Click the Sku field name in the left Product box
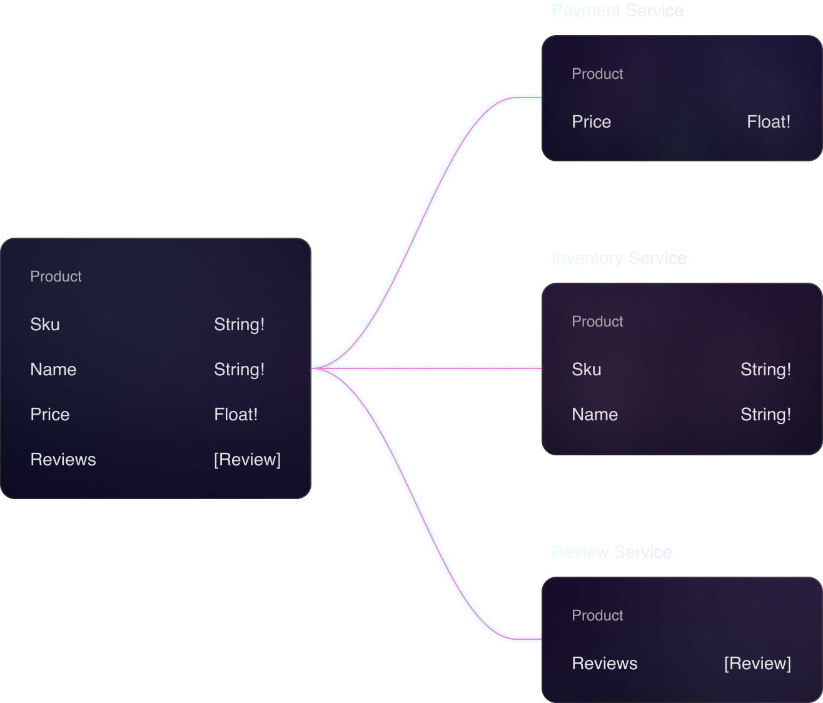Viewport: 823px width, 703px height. pyautogui.click(x=45, y=325)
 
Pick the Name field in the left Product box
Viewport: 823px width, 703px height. pyautogui.click(x=53, y=370)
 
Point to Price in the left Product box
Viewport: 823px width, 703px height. pyautogui.click(x=50, y=415)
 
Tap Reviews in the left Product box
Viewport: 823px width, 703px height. pyautogui.click(x=63, y=460)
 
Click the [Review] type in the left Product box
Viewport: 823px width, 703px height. pyautogui.click(x=247, y=460)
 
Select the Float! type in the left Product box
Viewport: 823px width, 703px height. pyautogui.click(x=236, y=415)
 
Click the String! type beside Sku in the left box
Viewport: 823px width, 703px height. pyautogui.click(x=239, y=325)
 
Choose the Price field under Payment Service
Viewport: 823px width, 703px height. pyautogui.click(x=591, y=122)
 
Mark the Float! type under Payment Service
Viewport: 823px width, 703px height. pyautogui.click(x=769, y=122)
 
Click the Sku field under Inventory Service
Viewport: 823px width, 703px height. pyautogui.click(x=586, y=370)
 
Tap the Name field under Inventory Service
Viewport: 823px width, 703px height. pyautogui.click(x=594, y=415)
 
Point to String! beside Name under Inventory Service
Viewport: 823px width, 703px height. pyautogui.click(x=765, y=415)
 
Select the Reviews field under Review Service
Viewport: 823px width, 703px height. pyautogui.click(x=604, y=664)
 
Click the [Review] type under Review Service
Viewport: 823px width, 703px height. pyautogui.click(x=757, y=664)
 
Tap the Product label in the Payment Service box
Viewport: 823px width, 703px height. pyautogui.click(x=597, y=74)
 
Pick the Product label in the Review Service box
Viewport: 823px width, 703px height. pyautogui.click(x=597, y=615)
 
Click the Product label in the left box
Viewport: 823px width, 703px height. pyautogui.click(x=56, y=276)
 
